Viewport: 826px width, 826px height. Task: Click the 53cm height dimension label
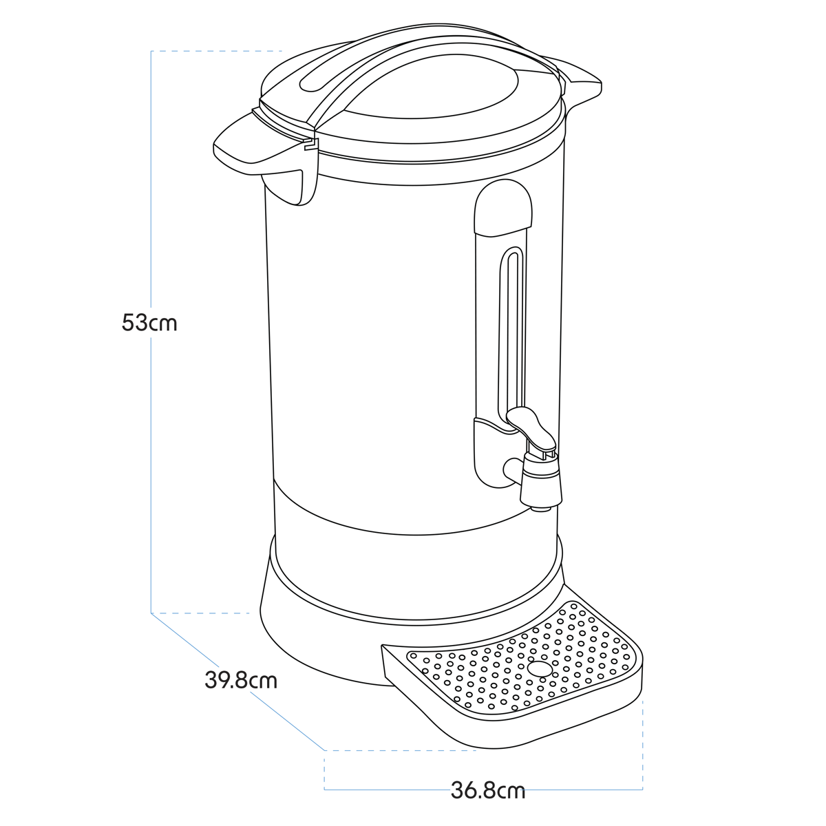pos(149,322)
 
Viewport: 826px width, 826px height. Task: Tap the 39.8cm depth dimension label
pos(241,680)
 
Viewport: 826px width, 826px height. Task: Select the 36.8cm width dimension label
pos(488,790)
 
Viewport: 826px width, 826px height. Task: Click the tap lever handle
pos(531,425)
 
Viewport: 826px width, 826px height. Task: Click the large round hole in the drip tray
pos(540,668)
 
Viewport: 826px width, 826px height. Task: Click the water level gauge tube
pos(513,330)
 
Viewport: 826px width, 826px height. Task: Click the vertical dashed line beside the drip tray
pos(642,743)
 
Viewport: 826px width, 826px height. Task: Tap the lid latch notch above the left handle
pos(310,144)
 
